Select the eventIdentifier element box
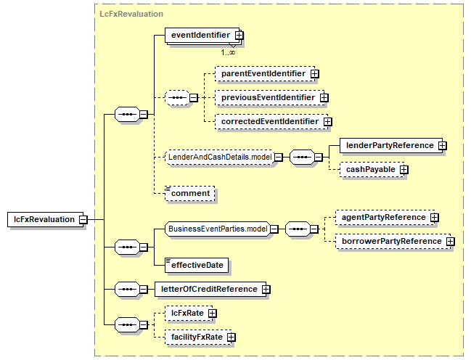click(x=202, y=35)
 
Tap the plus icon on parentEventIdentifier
click(x=314, y=73)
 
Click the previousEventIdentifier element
click(x=270, y=98)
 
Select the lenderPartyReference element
click(x=391, y=145)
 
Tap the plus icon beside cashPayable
click(x=404, y=170)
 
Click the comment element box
click(x=190, y=193)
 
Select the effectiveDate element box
click(x=197, y=266)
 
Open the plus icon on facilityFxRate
click(x=231, y=337)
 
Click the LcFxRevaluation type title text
click(x=131, y=14)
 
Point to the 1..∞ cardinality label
click(x=228, y=52)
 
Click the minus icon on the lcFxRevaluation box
click(x=83, y=220)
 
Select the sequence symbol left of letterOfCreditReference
click(x=127, y=290)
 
